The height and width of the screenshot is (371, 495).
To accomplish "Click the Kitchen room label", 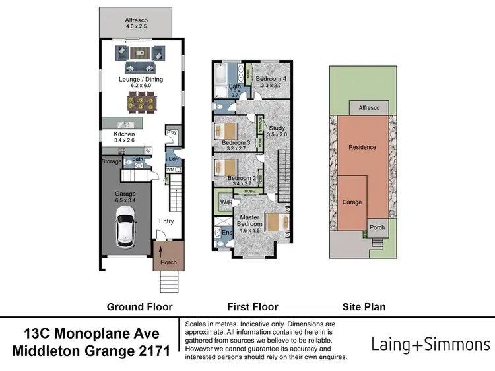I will coord(124,134).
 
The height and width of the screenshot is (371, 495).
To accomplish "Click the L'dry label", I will coord(174,159).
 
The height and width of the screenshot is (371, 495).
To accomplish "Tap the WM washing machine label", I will coord(170,170).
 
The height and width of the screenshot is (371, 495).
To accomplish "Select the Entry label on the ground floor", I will coord(166,221).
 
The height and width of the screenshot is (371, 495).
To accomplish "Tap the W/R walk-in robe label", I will coord(226,202).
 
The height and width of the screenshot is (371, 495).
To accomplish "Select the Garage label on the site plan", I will coord(352,202).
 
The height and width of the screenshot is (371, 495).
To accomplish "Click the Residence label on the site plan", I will coord(362,147).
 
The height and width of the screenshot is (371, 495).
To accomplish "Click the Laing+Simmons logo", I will coord(431,344).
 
